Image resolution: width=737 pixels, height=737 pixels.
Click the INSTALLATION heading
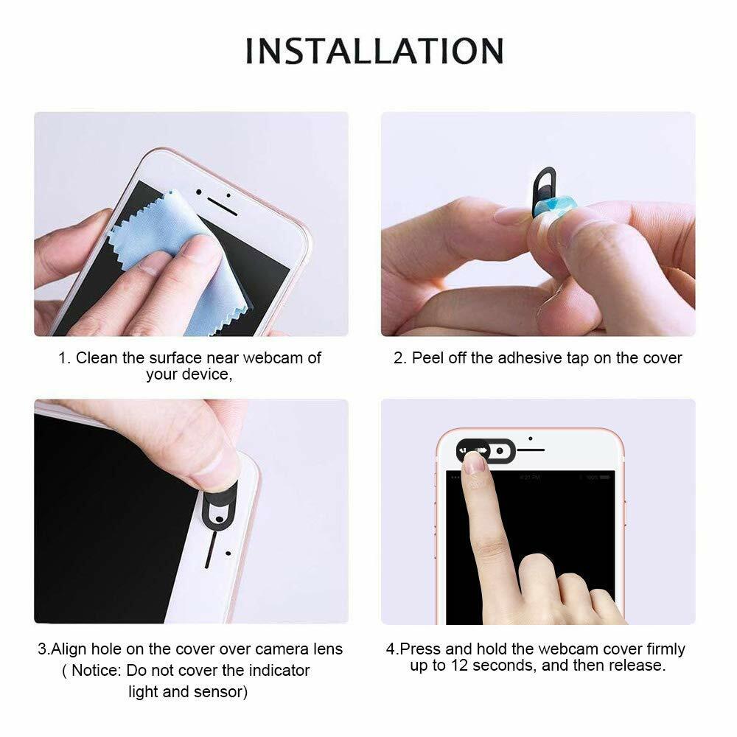tap(374, 51)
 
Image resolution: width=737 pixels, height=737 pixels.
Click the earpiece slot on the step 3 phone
tap(211, 549)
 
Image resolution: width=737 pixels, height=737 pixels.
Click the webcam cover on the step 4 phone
tap(486, 450)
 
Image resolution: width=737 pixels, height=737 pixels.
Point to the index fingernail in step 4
tap(475, 463)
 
